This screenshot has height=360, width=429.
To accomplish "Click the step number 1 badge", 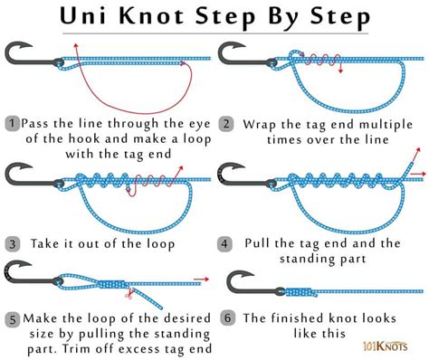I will pos(12,121).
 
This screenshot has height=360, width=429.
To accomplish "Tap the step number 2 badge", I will pos(225,121).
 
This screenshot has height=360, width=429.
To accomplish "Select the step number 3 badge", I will pos(12,243).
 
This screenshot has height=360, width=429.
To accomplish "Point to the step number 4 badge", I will pos(225,243).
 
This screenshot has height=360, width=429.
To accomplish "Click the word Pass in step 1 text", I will pos(42,121).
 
